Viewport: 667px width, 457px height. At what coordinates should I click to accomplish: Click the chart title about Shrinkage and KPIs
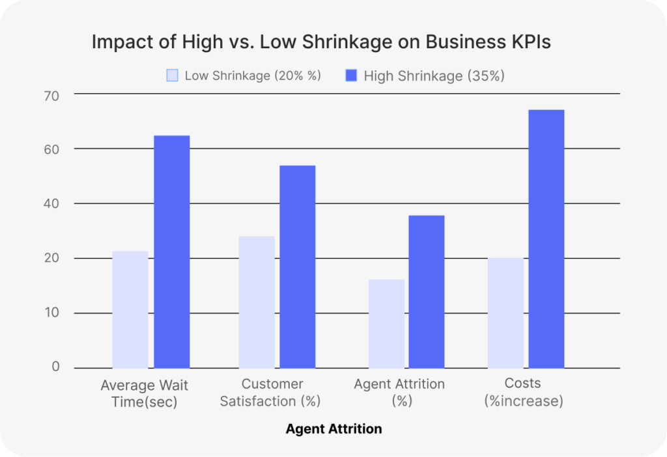click(x=320, y=42)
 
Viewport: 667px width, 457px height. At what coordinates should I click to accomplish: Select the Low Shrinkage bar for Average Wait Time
click(x=130, y=310)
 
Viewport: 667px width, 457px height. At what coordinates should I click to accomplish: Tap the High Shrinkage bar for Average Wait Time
click(x=171, y=253)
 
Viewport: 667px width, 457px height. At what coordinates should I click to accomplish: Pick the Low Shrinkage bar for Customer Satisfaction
click(x=257, y=303)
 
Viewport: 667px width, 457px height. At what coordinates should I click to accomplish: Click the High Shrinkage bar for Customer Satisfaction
click(x=297, y=268)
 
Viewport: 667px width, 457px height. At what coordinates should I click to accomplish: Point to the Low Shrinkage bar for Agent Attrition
click(x=386, y=324)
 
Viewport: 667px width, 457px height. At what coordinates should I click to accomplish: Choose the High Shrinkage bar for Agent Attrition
click(x=427, y=292)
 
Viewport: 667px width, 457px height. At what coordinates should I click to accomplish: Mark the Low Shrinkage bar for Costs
click(x=506, y=313)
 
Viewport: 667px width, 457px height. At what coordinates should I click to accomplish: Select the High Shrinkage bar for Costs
click(x=546, y=239)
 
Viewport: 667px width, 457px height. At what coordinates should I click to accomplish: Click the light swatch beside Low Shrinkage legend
click(x=172, y=76)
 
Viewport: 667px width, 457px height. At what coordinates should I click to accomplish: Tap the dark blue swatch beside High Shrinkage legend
click(x=351, y=76)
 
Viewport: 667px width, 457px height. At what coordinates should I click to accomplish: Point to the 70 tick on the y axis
click(x=51, y=96)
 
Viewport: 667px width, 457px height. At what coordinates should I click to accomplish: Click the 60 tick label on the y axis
click(x=51, y=149)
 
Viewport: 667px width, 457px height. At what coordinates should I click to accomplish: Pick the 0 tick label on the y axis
click(x=56, y=367)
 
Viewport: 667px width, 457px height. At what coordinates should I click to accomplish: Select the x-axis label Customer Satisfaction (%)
click(x=270, y=393)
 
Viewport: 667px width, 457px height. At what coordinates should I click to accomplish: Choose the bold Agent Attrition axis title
click(x=333, y=429)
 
